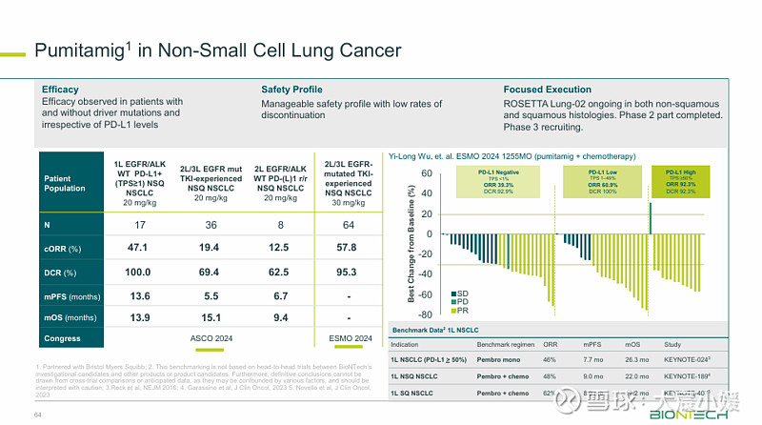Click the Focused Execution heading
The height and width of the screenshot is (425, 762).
(547, 90)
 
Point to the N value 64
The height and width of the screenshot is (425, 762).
(348, 225)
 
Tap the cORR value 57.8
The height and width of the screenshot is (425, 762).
(348, 248)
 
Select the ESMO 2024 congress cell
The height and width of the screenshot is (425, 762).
(348, 339)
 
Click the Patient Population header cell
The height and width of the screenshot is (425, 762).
(68, 182)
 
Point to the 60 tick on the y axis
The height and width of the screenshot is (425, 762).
(428, 173)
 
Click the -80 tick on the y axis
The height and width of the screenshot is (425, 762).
(426, 314)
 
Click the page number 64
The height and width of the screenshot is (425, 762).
(39, 415)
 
